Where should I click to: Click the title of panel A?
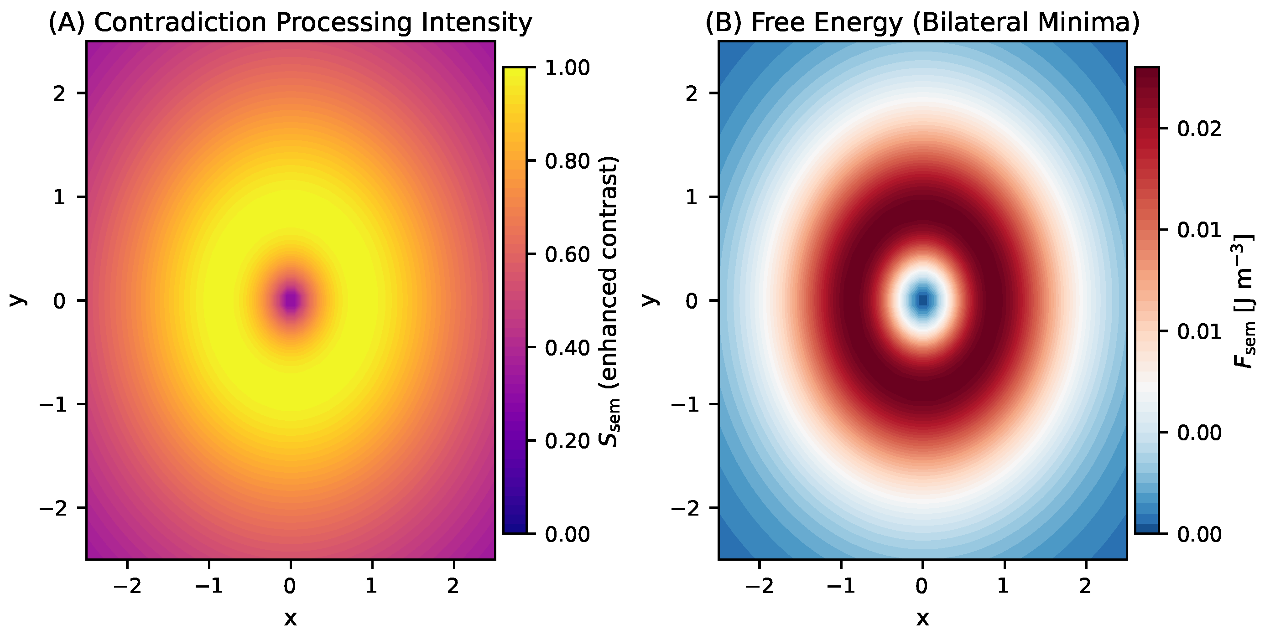(290, 23)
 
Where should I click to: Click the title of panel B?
(922, 23)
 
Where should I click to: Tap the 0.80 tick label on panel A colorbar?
(567, 161)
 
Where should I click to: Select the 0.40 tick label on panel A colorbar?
(567, 348)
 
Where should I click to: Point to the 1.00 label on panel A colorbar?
(567, 68)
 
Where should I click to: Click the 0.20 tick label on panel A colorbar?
(567, 441)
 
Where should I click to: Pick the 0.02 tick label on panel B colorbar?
(1199, 129)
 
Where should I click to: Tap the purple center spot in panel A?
(291, 300)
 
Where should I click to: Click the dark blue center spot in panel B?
(923, 300)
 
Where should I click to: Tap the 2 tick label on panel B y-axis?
(692, 93)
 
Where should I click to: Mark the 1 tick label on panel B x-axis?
(1004, 586)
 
